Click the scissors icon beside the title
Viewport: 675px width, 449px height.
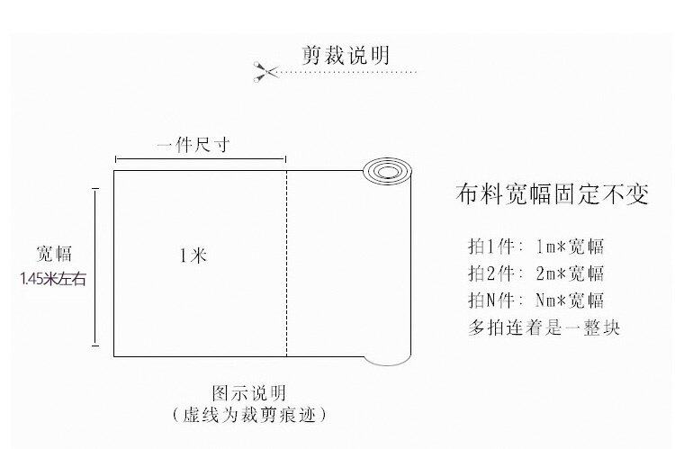coord(265,71)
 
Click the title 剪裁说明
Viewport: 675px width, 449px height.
coord(346,55)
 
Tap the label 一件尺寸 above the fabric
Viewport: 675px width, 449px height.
coord(193,145)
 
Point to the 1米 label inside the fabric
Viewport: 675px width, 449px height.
coord(193,256)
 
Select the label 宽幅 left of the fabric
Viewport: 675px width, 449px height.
coord(54,254)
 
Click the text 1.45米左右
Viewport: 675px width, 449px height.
coord(53,279)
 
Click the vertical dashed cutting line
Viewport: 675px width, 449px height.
coord(287,264)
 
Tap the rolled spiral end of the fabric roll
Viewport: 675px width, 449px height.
coord(387,171)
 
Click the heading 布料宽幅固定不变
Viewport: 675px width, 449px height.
coord(553,193)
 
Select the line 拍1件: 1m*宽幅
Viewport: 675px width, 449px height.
coord(536,247)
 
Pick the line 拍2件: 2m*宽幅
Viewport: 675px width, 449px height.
coord(536,273)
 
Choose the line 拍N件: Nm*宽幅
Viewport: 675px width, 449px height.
coord(536,300)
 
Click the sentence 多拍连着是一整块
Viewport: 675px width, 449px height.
coord(544,328)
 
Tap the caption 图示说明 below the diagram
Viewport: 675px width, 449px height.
coord(248,392)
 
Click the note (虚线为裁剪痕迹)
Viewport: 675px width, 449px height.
coord(248,415)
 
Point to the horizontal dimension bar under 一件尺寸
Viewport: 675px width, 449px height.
coord(201,159)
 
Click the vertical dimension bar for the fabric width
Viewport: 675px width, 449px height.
coord(95,267)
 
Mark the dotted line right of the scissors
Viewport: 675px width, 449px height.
coord(347,72)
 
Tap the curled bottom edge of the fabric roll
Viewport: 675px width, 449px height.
coord(387,361)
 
